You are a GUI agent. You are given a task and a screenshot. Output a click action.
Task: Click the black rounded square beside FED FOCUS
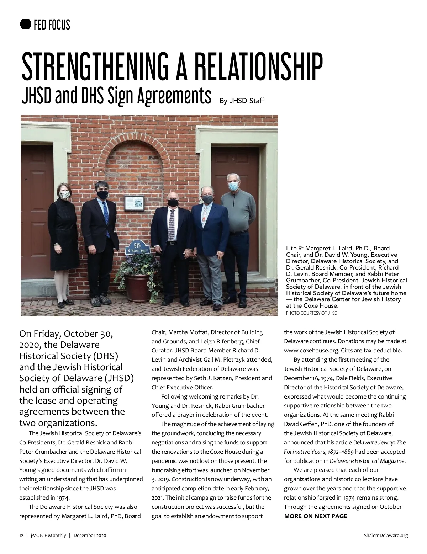[26, 25]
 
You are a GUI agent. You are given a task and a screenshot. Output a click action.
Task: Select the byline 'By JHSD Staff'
[242, 101]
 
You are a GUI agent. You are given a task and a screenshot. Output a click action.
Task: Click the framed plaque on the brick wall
[134, 203]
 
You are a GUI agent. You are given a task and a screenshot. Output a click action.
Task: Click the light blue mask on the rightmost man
[233, 186]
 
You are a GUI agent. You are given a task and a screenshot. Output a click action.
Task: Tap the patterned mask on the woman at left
[64, 195]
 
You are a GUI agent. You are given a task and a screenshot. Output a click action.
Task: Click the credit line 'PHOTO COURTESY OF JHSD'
[311, 313]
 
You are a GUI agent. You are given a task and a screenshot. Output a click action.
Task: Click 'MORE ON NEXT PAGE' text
[316, 516]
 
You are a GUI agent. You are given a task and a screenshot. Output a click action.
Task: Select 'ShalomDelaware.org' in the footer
[386, 536]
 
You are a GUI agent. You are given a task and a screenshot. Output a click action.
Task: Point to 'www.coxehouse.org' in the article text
[306, 350]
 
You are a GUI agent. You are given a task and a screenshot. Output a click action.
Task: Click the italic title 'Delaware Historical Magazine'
[367, 461]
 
